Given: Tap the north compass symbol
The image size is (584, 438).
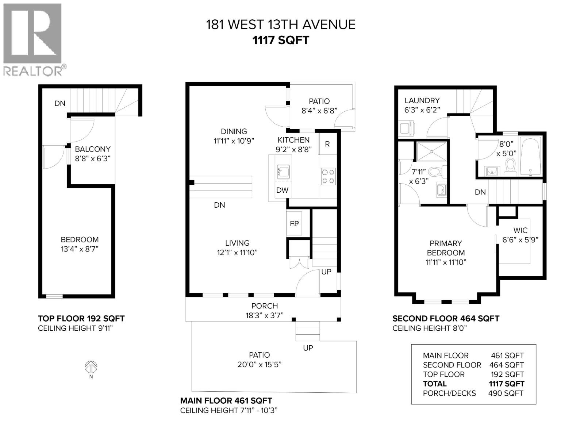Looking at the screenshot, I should [91, 366].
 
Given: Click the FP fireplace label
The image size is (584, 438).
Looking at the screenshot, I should [294, 224].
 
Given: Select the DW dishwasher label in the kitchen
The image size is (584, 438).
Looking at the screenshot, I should [282, 190].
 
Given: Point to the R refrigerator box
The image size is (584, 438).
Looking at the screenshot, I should [327, 144].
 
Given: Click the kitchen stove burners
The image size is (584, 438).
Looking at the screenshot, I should [328, 176].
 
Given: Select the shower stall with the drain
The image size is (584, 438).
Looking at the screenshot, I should [431, 151].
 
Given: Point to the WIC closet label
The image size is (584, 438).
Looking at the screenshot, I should [520, 230].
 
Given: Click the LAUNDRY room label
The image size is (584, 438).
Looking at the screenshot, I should [422, 100].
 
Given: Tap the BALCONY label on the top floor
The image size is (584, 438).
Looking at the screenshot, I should [92, 149].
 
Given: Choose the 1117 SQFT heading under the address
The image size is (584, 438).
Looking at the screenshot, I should [281, 40].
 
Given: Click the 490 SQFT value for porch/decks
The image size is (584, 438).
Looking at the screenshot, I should [506, 393].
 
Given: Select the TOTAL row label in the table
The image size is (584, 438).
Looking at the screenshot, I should [435, 384].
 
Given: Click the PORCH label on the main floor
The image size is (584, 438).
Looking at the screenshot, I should [265, 306].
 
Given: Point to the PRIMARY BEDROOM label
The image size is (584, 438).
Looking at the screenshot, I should [446, 248].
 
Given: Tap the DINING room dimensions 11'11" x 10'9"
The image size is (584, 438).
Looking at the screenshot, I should [234, 141].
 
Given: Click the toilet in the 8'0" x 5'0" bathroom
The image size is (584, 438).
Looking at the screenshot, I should [510, 166].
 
